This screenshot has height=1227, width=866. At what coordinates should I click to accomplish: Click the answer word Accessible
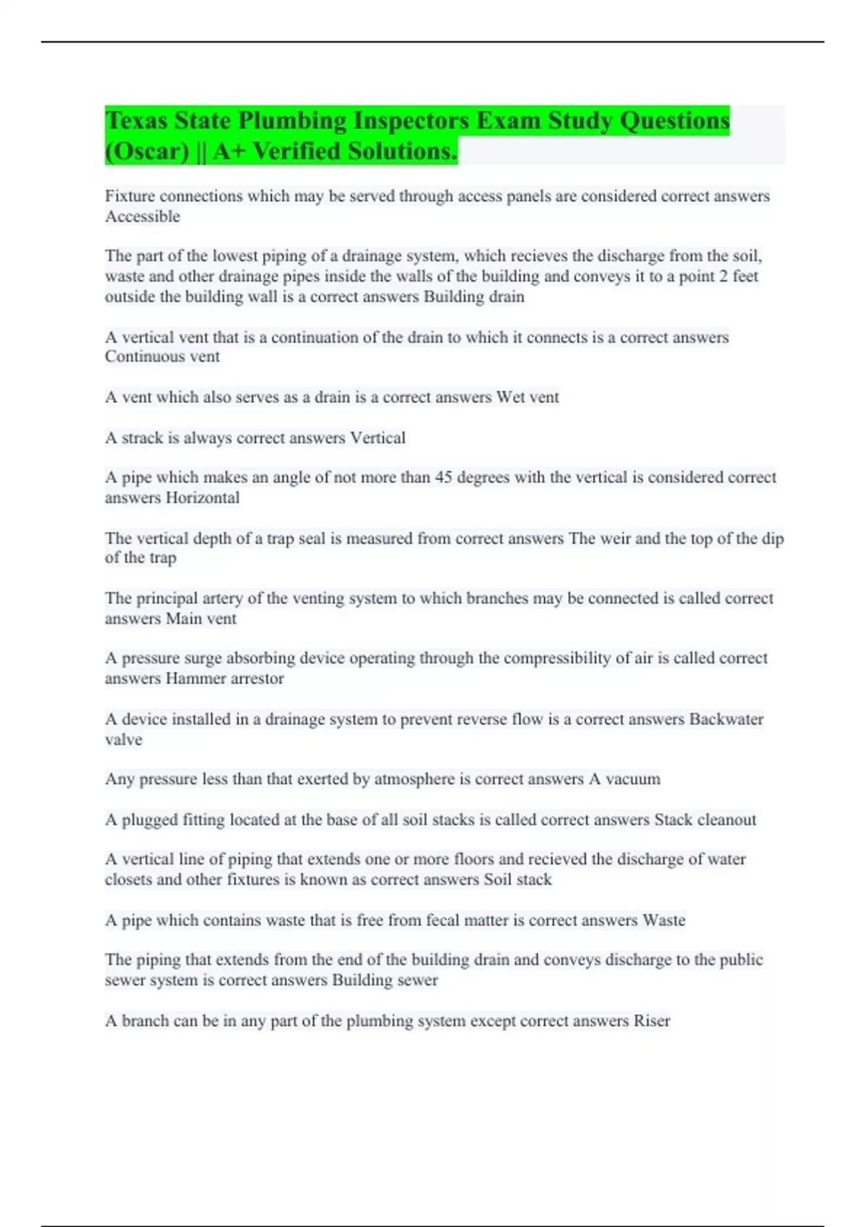coord(142,217)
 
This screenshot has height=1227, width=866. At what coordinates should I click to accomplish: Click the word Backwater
coord(726,719)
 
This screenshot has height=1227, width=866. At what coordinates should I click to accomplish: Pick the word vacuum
coord(633,780)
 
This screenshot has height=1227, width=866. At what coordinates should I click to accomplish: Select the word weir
coord(614,538)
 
